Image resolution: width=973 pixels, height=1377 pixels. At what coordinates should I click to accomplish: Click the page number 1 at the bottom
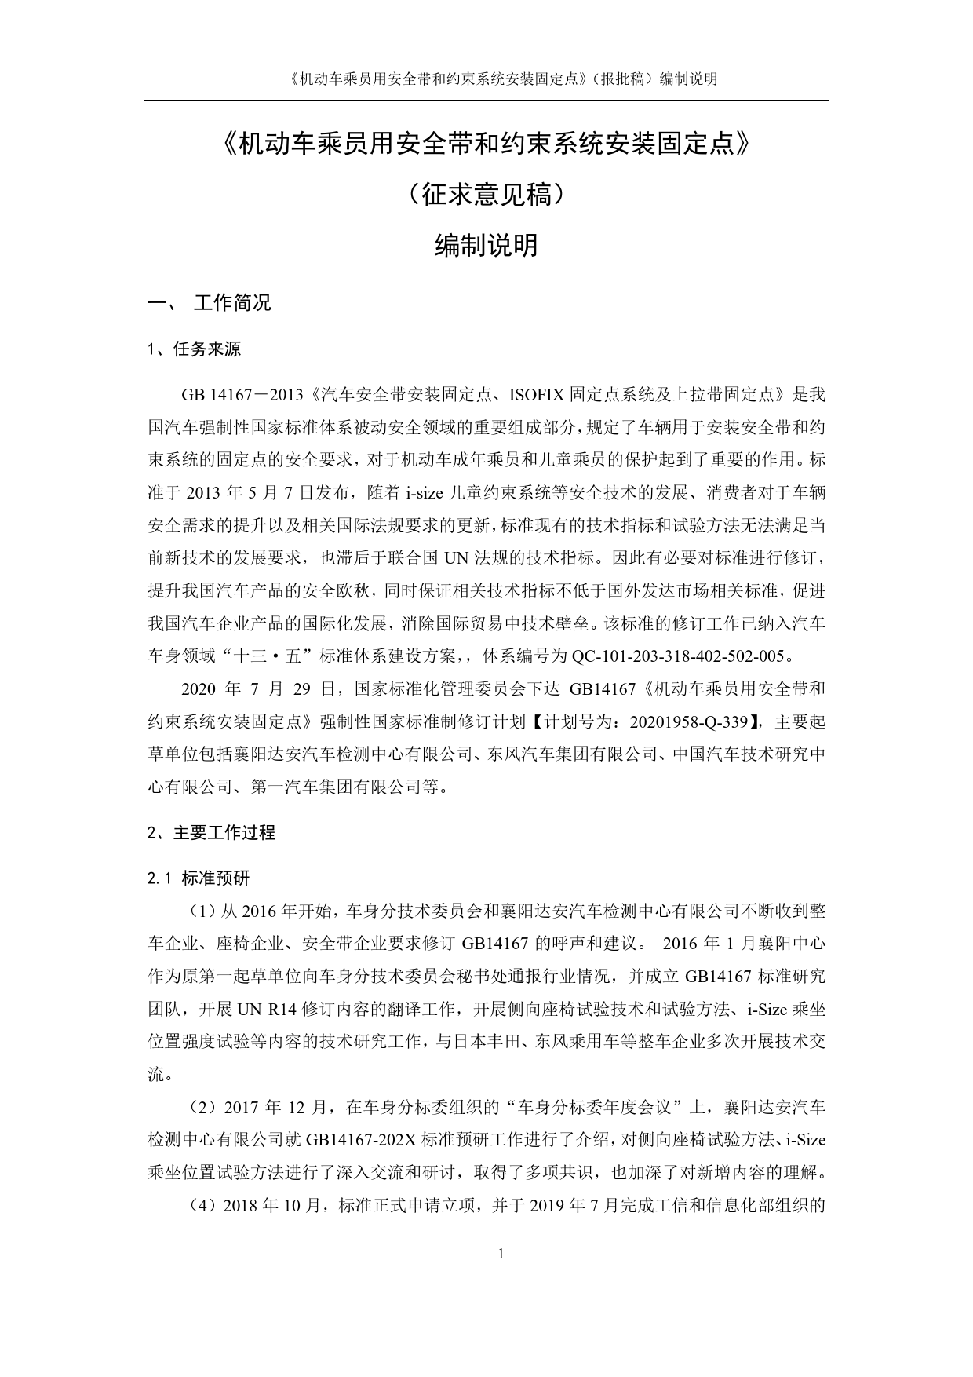(x=501, y=1254)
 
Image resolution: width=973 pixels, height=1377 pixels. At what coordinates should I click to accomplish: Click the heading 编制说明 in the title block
(x=486, y=246)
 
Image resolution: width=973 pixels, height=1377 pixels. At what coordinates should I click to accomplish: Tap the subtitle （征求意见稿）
(x=486, y=194)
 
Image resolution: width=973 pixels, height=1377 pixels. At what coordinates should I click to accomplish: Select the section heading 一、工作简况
(x=210, y=303)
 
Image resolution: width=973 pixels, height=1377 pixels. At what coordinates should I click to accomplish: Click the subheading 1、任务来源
(x=194, y=350)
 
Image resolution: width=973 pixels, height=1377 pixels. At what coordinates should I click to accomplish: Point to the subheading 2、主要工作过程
(x=211, y=833)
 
